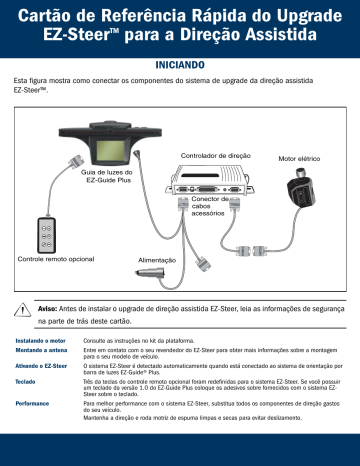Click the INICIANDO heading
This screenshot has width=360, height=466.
point(180,60)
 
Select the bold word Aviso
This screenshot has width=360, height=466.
point(48,310)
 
